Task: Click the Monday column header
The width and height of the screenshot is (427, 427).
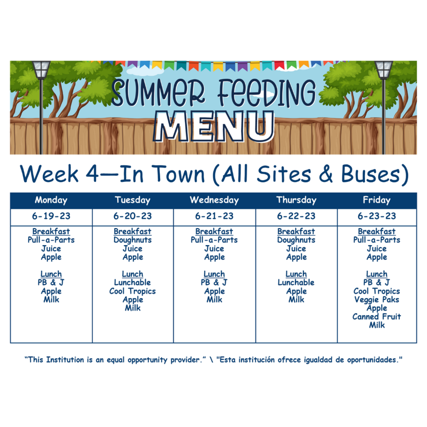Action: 51,200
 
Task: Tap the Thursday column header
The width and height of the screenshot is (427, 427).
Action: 296,200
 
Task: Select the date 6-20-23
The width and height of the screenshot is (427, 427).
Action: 133,216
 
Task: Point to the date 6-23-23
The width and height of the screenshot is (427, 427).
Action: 377,216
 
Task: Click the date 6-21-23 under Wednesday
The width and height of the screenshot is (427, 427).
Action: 214,216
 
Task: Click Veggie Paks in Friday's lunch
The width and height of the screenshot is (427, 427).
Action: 377,300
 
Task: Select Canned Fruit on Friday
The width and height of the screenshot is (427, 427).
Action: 377,316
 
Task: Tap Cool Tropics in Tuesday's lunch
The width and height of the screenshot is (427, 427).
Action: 133,291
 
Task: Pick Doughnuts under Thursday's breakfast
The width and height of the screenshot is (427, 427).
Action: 296,240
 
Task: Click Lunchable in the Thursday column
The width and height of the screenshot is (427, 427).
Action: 296,282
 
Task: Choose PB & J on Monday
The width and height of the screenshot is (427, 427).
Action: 51,282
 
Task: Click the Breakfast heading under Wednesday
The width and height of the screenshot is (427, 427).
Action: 214,231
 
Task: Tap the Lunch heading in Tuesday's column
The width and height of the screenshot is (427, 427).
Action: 133,274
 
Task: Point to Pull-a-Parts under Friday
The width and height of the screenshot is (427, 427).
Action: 377,240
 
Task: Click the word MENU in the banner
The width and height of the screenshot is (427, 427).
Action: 214,126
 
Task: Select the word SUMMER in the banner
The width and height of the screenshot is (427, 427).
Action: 158,92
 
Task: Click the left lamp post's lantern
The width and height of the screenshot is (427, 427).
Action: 41,70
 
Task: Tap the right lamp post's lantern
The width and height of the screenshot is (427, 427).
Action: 384,70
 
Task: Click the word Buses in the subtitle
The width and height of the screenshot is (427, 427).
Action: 371,174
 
